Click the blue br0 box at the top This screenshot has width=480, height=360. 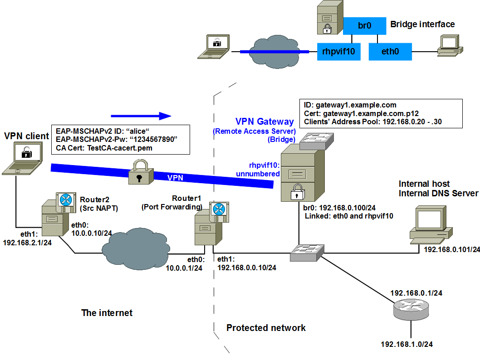click(x=364, y=26)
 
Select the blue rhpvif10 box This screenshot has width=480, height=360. click(x=338, y=52)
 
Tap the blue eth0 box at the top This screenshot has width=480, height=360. click(x=390, y=52)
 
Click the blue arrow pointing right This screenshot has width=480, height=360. click(x=141, y=116)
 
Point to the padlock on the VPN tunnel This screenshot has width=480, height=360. click(x=139, y=172)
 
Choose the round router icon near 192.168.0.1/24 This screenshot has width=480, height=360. click(x=411, y=308)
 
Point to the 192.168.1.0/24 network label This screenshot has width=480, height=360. click(x=407, y=344)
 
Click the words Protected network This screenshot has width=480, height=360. click(x=266, y=328)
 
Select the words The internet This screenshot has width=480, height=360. click(x=107, y=313)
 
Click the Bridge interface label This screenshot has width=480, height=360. click(x=422, y=24)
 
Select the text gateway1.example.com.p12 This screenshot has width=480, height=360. click(x=366, y=114)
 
